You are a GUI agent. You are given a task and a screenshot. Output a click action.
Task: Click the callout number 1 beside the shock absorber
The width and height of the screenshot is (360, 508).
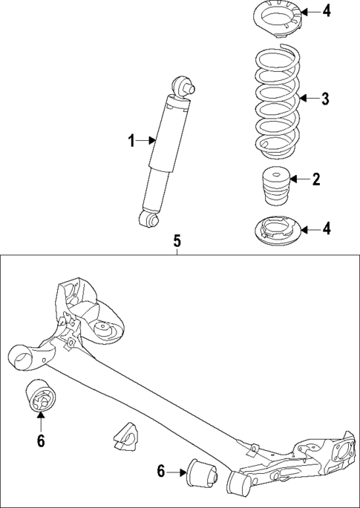[x=132, y=140]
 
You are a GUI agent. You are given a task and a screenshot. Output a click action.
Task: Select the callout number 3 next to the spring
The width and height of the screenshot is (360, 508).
[x=324, y=98]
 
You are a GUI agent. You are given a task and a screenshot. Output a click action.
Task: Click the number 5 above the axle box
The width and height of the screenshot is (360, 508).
[x=177, y=241]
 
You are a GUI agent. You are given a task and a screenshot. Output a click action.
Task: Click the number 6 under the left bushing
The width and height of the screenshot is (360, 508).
[x=40, y=441]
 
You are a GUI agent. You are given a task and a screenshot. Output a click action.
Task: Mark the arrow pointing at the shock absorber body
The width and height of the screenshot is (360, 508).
[x=147, y=140]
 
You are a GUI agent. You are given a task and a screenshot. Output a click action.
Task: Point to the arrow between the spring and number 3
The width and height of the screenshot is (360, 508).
[x=307, y=98]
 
